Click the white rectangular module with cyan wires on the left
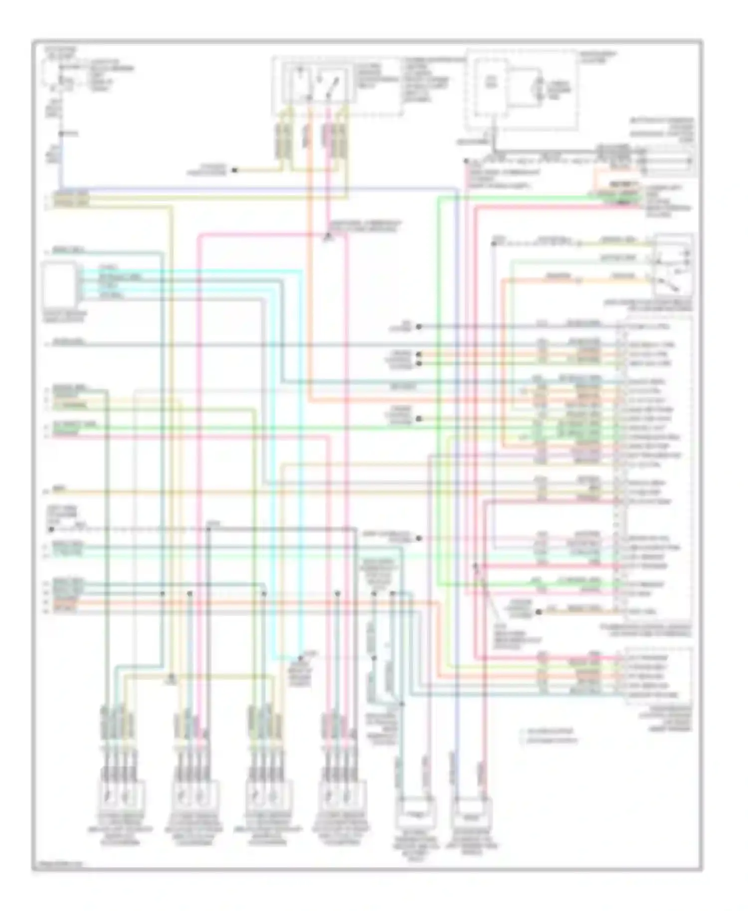pos(59,285)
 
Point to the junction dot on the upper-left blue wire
pos(61,134)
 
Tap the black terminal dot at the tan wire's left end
pos(418,539)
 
